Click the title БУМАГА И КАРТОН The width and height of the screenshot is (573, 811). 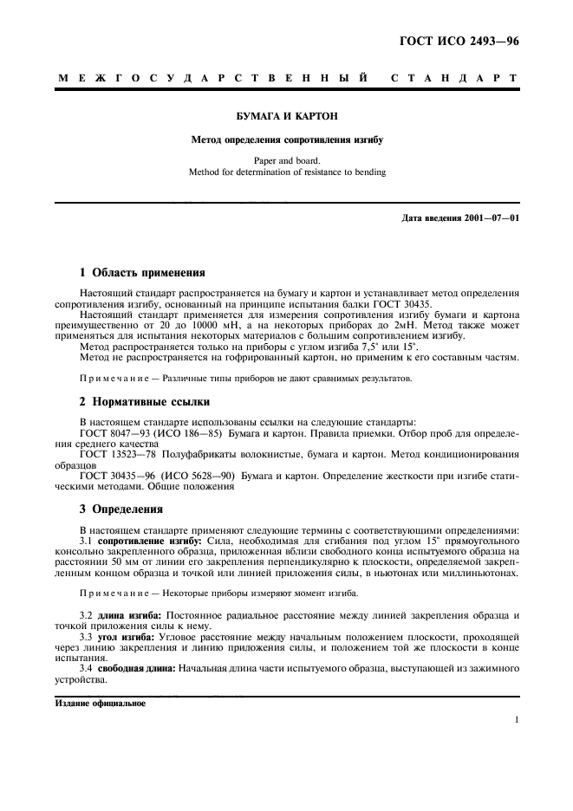point(286,115)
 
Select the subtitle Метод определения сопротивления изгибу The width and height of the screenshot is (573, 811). point(286,139)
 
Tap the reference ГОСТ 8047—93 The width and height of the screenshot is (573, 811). point(115,430)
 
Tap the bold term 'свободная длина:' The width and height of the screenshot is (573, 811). point(140,671)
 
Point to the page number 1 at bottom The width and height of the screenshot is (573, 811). point(516,719)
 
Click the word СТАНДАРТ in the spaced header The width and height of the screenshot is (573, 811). point(455,78)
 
